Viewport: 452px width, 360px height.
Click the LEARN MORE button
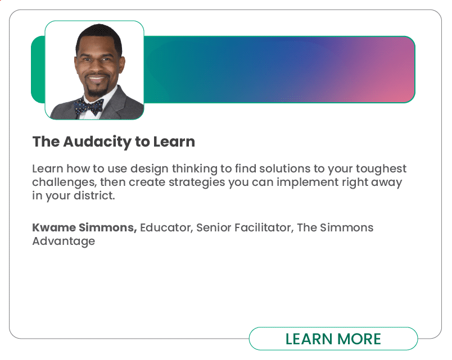(x=333, y=339)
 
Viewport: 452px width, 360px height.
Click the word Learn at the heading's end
(x=174, y=142)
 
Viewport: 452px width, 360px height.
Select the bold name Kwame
(x=54, y=227)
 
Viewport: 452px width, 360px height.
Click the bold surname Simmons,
(x=108, y=228)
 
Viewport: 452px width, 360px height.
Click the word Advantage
(x=64, y=241)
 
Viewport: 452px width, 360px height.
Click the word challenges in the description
(x=64, y=183)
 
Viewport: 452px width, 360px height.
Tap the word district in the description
(x=94, y=196)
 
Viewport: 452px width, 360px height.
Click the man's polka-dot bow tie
(x=89, y=107)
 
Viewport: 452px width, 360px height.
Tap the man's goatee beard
(x=97, y=90)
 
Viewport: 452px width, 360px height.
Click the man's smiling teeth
(x=97, y=79)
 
